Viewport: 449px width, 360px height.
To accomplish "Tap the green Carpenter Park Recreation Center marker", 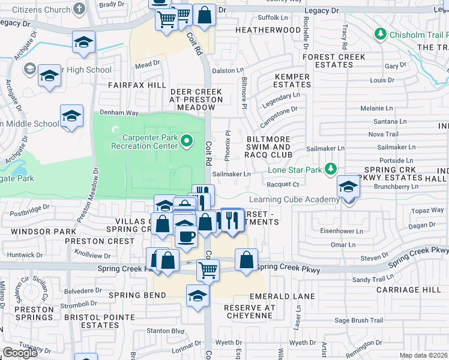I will coord(187,142).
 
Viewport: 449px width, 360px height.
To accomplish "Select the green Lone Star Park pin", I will coord(330,170).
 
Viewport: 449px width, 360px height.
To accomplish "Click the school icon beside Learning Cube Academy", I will coord(348,188).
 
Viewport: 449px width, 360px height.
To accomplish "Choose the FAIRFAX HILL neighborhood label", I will coord(137,85).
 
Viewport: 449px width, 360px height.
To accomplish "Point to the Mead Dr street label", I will coord(148,63).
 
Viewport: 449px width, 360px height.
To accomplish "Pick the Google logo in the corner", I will coord(20,353).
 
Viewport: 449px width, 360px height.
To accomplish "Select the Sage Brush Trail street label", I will coord(359,320).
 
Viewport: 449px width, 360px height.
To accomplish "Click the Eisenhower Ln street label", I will coord(343,231).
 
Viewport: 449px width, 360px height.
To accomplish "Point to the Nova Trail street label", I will coord(384,134).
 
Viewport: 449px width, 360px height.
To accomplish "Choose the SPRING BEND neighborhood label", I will coord(137,295).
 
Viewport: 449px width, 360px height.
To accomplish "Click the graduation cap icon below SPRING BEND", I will coord(197,296).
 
